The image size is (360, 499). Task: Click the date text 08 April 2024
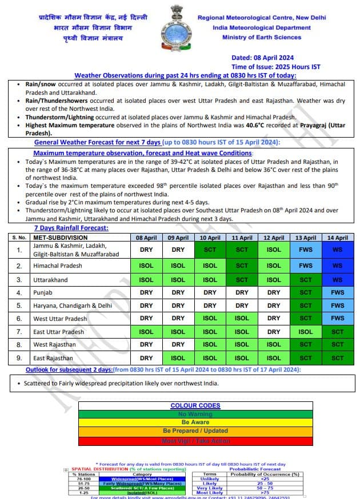point(262,58)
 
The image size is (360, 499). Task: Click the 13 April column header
point(306,238)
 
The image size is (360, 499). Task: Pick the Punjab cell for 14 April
point(337,293)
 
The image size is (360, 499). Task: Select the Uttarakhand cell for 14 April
point(337,280)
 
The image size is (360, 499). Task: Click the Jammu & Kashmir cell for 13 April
point(306,249)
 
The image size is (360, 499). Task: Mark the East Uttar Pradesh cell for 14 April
point(337,332)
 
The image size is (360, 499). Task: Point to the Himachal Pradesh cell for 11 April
point(242,265)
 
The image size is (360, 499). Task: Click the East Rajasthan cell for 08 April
point(146,358)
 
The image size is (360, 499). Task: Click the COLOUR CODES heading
point(195,406)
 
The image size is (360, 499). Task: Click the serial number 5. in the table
point(19,305)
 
